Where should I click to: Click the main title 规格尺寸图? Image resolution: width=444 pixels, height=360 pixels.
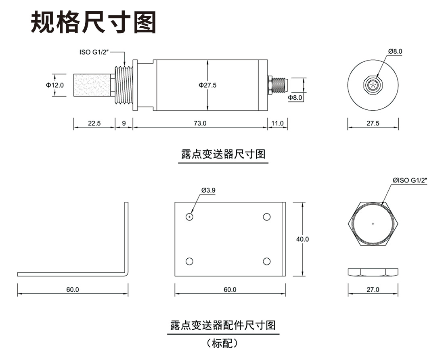(93, 22)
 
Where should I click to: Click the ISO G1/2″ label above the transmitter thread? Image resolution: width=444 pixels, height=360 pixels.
(94, 52)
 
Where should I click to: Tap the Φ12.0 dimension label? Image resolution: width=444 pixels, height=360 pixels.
(54, 85)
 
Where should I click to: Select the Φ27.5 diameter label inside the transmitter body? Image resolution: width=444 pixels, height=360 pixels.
(207, 85)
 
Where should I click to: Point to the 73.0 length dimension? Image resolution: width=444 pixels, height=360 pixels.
(199, 123)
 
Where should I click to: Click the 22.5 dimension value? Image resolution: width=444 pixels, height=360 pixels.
(94, 123)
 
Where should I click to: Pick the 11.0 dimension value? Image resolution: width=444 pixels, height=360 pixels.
(278, 123)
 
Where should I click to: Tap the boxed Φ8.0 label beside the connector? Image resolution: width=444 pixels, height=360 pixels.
(295, 97)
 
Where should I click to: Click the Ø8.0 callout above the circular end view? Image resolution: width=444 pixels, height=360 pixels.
(396, 51)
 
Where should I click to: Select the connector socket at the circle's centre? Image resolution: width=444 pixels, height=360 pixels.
(373, 85)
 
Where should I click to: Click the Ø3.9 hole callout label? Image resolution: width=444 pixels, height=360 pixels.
(208, 190)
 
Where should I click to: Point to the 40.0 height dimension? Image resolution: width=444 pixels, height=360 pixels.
(302, 239)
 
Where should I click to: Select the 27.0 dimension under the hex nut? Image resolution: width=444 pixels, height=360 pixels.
(373, 289)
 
